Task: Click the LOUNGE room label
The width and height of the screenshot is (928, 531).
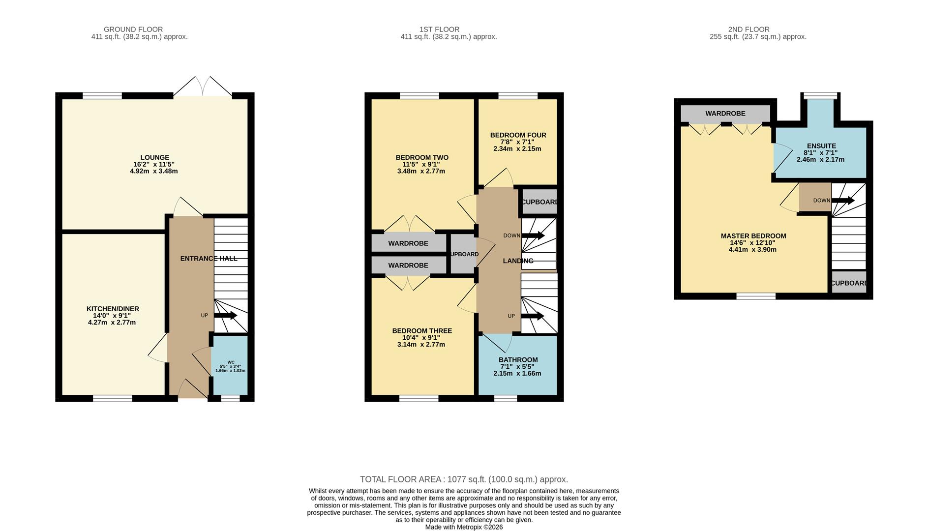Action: [154, 158]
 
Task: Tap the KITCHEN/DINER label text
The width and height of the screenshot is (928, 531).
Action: [113, 309]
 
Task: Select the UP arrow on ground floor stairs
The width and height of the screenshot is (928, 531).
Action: [225, 316]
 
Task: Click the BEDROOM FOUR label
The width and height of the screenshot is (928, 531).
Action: [518, 135]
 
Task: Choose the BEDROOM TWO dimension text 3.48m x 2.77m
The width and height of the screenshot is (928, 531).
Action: [421, 172]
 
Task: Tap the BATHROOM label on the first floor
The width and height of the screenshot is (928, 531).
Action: [518, 360]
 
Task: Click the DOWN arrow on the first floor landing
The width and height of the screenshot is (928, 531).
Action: [533, 236]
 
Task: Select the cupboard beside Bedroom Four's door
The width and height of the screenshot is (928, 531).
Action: [539, 202]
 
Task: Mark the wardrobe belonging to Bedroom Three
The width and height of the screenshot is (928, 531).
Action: [408, 265]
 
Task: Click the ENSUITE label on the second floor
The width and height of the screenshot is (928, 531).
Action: [821, 146]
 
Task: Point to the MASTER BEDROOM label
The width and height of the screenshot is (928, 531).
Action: [753, 236]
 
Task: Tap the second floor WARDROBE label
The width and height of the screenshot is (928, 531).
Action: [725, 114]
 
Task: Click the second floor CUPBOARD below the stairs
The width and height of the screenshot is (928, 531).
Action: [849, 283]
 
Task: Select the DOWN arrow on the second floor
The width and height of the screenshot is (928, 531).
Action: [843, 201]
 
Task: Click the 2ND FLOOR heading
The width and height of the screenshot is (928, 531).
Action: [748, 29]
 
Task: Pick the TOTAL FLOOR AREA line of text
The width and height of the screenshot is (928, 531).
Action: [464, 479]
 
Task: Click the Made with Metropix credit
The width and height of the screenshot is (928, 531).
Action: [464, 527]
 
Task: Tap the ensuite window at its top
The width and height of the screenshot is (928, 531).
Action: [820, 96]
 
